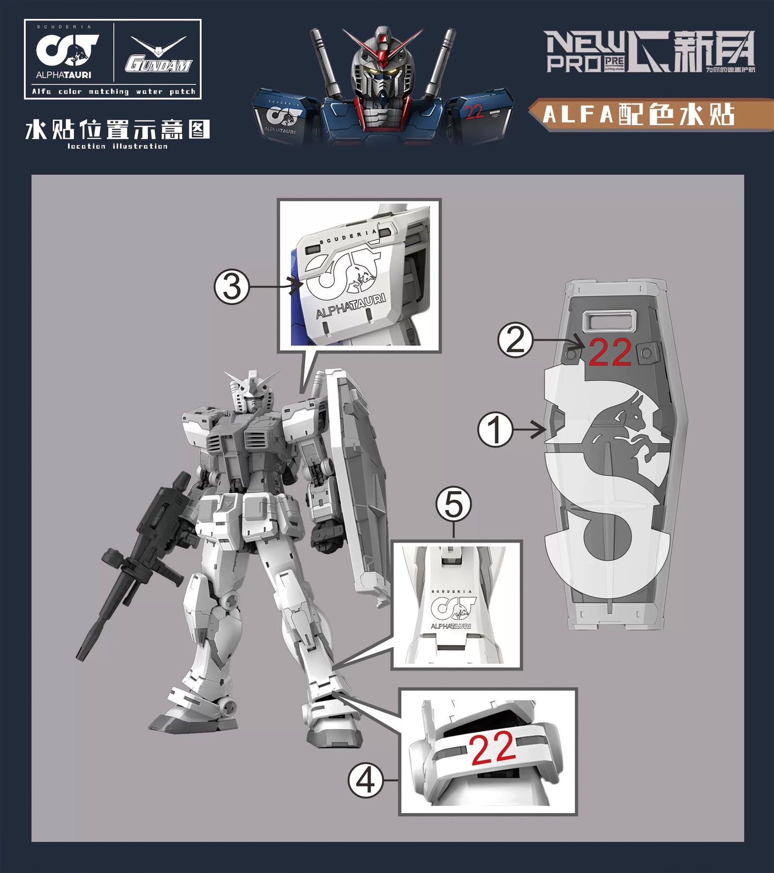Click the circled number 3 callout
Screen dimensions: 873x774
click(x=232, y=288)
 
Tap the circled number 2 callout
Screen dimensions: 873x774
click(x=515, y=340)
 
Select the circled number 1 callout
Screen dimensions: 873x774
click(x=495, y=430)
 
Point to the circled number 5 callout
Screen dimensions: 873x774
click(x=454, y=505)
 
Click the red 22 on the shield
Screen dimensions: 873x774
click(x=610, y=353)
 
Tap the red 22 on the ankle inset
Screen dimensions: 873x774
click(x=493, y=748)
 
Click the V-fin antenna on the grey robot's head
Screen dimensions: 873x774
click(x=252, y=378)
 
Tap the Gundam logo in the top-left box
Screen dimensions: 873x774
click(x=159, y=56)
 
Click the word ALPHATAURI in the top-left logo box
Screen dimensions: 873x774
click(x=64, y=75)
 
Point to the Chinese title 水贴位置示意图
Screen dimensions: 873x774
click(x=117, y=130)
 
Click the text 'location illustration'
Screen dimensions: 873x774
click(x=117, y=146)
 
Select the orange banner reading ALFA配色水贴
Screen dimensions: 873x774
click(x=651, y=115)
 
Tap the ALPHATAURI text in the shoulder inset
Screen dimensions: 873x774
click(x=351, y=306)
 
